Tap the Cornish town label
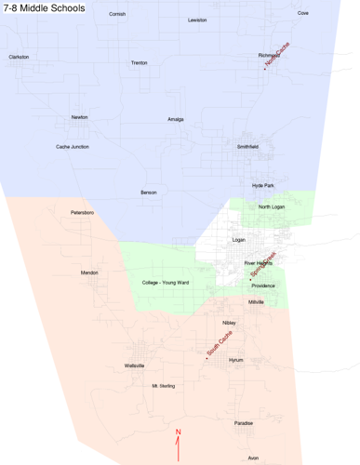click(117, 14)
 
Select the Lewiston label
click(197, 20)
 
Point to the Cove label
click(303, 13)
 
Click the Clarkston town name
click(19, 57)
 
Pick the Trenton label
click(140, 62)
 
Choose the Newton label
click(80, 117)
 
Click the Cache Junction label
click(73, 146)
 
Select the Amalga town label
click(176, 119)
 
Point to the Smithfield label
click(247, 146)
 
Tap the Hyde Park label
click(262, 185)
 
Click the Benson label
click(149, 193)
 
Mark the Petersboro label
click(83, 213)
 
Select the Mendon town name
click(89, 272)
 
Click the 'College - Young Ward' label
click(166, 282)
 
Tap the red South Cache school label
click(220, 346)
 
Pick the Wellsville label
click(134, 365)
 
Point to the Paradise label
click(244, 422)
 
